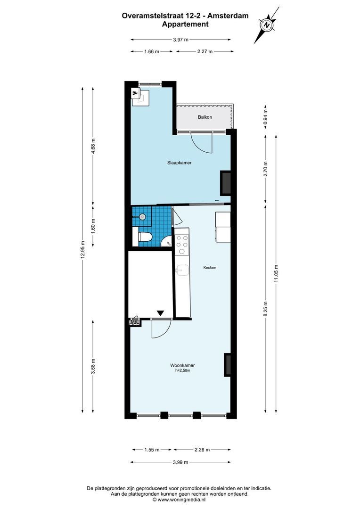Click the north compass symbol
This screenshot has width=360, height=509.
pyautogui.click(x=267, y=25)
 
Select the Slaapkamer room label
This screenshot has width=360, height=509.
pyautogui.click(x=179, y=163)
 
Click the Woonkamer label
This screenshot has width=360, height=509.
pyautogui.click(x=183, y=365)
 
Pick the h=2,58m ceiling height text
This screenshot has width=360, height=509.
pyautogui.click(x=183, y=371)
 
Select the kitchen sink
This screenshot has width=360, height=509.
pyautogui.click(x=181, y=270)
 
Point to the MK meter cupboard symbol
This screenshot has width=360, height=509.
pyautogui.click(x=134, y=322)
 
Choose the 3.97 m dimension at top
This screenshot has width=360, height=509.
pyautogui.click(x=181, y=40)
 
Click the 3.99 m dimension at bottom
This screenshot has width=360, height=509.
pyautogui.click(x=181, y=462)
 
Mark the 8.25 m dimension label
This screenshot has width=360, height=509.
pyautogui.click(x=265, y=310)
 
